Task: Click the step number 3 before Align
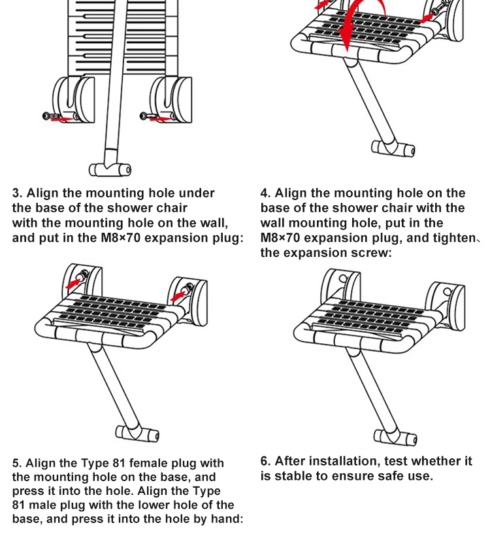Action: [16, 193]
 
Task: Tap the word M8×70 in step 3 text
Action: [120, 238]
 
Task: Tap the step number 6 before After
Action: [264, 461]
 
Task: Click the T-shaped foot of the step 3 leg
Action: [110, 170]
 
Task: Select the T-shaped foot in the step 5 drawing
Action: [137, 433]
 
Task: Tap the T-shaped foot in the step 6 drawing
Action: [395, 437]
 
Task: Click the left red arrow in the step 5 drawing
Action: [73, 284]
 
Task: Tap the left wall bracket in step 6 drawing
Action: [340, 286]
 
